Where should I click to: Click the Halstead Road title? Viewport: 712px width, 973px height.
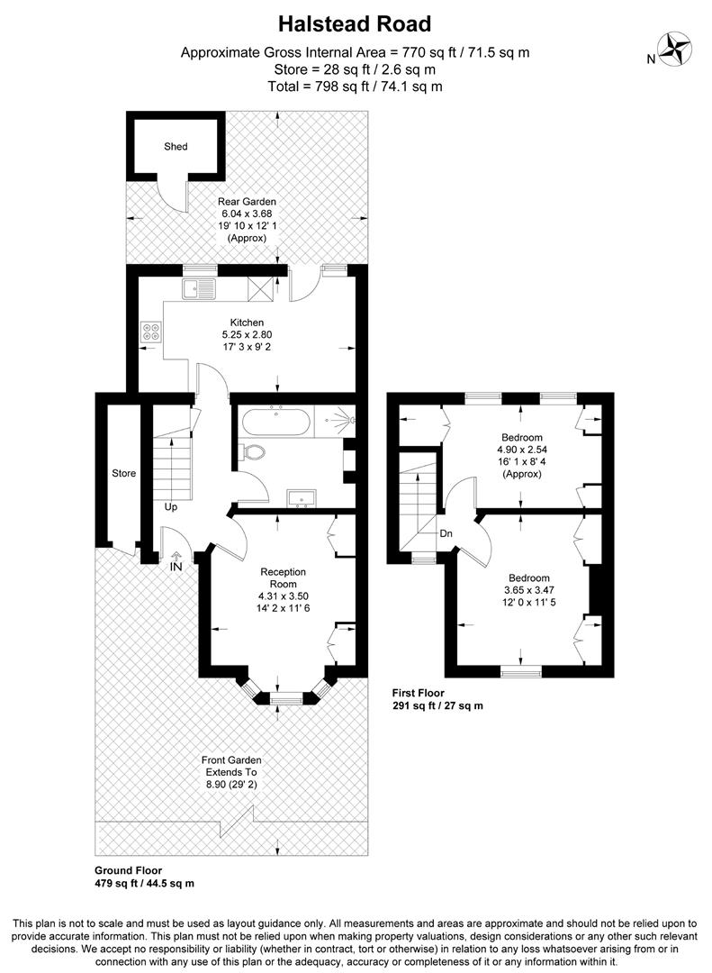click(355, 23)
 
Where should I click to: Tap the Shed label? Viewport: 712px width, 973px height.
click(176, 146)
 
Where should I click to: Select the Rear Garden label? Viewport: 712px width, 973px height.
click(247, 202)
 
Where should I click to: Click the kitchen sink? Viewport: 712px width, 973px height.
click(199, 288)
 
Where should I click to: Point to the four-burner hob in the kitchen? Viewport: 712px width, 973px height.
click(149, 332)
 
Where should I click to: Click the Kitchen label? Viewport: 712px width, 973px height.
click(247, 322)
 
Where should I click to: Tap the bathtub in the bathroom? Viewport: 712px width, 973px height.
click(275, 421)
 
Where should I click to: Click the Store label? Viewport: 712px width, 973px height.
click(123, 473)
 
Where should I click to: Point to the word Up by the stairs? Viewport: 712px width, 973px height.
click(170, 506)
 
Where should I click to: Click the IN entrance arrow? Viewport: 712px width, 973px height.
click(176, 560)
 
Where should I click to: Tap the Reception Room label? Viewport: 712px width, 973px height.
click(284, 577)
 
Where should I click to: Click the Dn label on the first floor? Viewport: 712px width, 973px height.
click(446, 533)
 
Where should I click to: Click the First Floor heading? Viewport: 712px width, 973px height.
click(419, 693)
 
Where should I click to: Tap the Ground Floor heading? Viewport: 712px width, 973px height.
click(128, 870)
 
